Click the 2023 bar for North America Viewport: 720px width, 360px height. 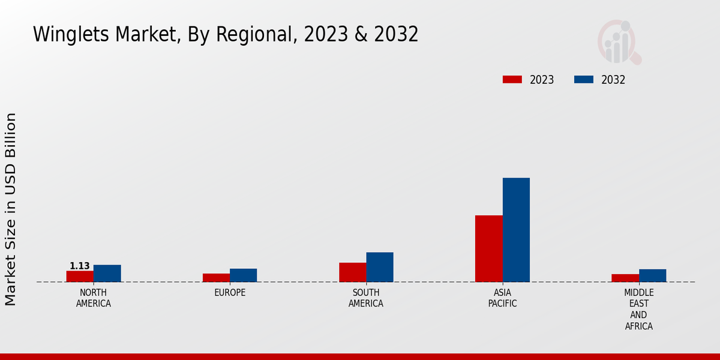click(80, 277)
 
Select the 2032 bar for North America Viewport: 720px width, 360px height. click(107, 274)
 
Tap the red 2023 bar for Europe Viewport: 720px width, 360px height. click(216, 278)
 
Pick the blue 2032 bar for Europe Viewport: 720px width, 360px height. click(243, 275)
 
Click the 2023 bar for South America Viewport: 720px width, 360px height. click(352, 272)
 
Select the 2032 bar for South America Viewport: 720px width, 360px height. click(380, 267)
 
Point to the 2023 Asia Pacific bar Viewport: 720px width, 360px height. click(488, 248)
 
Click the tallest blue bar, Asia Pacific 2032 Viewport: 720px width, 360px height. click(516, 230)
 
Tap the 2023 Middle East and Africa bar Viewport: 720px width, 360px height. click(625, 278)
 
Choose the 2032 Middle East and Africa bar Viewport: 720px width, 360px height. click(652, 275)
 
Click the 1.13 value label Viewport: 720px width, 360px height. click(80, 266)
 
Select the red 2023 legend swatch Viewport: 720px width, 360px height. click(512, 80)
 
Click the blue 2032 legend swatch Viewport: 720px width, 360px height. click(584, 80)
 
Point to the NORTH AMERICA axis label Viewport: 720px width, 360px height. click(94, 298)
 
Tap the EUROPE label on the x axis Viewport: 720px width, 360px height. click(230, 293)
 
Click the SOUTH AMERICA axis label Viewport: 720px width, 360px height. click(366, 298)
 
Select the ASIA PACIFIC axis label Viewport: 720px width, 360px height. click(502, 298)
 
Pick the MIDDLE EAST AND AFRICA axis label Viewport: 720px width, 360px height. click(638, 310)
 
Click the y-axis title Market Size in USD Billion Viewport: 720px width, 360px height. click(11, 209)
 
